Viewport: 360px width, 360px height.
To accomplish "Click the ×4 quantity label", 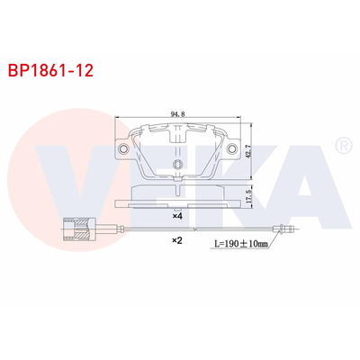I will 178,217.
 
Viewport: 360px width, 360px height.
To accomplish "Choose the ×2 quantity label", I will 178,241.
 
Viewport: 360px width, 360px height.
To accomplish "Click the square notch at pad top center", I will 178,130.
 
